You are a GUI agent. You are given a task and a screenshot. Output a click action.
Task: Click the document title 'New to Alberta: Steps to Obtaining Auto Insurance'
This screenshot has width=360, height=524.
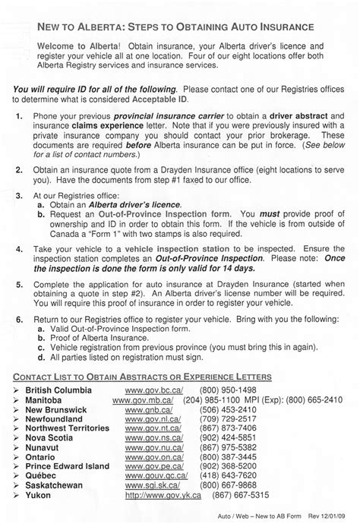tap(175, 27)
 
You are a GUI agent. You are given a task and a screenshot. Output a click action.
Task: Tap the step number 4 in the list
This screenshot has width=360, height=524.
tap(19, 248)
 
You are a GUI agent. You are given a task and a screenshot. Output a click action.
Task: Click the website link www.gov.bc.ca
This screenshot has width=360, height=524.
tap(154, 389)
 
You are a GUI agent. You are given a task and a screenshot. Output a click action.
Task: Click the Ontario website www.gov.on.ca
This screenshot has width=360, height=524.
tap(154, 458)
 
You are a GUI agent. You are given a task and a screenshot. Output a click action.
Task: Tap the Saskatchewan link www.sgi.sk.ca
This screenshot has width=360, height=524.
tap(153, 487)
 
